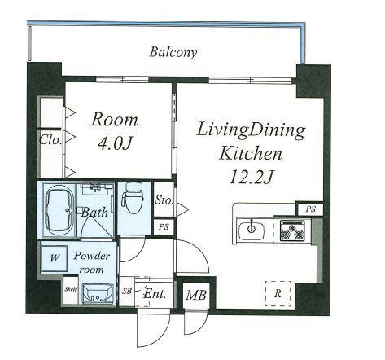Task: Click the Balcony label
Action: (x=173, y=52)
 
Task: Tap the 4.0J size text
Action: (x=115, y=143)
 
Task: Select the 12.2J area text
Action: (x=252, y=177)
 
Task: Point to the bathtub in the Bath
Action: (x=60, y=210)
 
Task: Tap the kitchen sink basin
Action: (x=252, y=230)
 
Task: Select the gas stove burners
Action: (x=292, y=230)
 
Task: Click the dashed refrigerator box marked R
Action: (x=278, y=293)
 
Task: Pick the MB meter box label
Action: (x=196, y=295)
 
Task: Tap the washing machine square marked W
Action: (x=55, y=258)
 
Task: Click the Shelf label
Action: (x=71, y=289)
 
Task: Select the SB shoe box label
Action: (x=126, y=291)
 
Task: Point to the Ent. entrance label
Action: (x=155, y=293)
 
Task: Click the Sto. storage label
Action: (x=164, y=200)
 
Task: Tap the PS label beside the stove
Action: (x=311, y=209)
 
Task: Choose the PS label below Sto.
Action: (x=164, y=226)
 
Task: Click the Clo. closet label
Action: (x=50, y=140)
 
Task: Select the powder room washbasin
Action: (x=98, y=293)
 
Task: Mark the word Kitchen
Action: (x=251, y=153)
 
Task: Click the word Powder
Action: (x=92, y=256)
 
